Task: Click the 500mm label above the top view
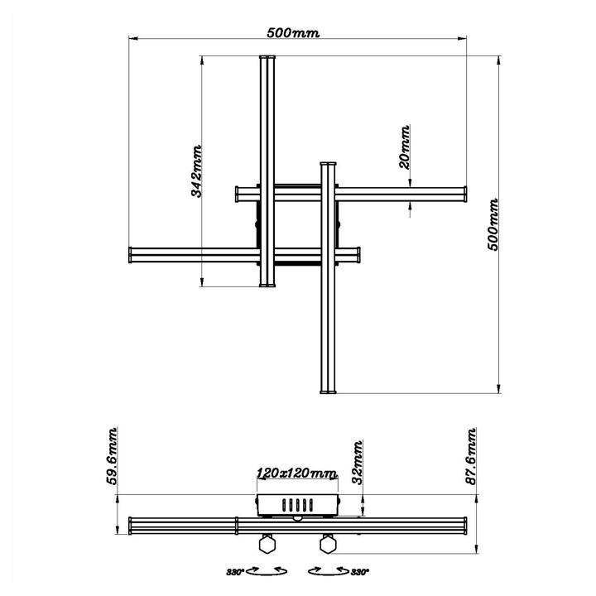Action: [293, 32]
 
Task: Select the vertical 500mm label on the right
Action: [493, 224]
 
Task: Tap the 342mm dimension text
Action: [196, 171]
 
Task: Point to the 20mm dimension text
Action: [405, 147]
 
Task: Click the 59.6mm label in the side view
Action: [112, 456]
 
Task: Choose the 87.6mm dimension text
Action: [471, 456]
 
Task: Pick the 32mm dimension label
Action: [358, 463]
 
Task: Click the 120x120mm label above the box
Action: [297, 473]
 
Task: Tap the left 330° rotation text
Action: [235, 572]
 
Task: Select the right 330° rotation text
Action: [360, 572]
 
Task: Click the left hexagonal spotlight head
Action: [267, 544]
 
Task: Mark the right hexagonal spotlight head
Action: [328, 544]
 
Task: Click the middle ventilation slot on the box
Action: [298, 505]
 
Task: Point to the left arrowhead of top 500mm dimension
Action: [132, 38]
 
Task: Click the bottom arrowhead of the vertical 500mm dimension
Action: [498, 389]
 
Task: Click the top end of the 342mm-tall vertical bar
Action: [267, 56]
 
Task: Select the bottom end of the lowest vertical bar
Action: [329, 392]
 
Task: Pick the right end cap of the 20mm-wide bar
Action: [465, 195]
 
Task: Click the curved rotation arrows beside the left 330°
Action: [267, 571]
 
